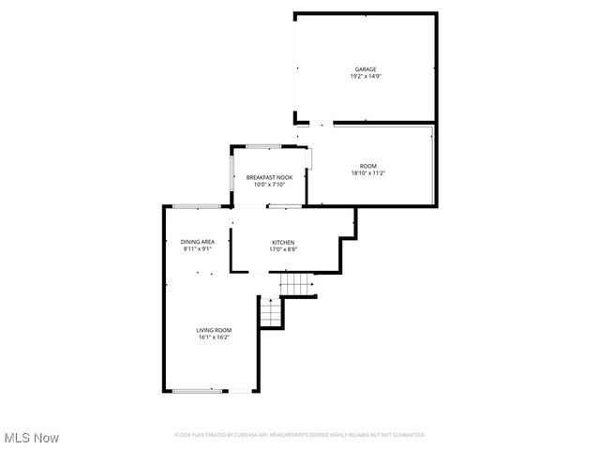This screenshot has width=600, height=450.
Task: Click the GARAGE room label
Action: point(366,68)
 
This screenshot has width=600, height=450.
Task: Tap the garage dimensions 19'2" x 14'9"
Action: point(366,76)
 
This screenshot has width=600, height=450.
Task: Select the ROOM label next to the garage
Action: point(368,166)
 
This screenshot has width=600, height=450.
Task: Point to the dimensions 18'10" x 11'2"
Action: point(368,173)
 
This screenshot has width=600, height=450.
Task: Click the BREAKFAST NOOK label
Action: point(269,177)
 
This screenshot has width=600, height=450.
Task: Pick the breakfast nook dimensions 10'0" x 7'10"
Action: point(269,185)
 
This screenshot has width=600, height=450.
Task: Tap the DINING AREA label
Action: point(198,242)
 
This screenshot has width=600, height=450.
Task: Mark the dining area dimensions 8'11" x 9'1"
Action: point(198,249)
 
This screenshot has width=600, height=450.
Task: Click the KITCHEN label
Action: point(283,242)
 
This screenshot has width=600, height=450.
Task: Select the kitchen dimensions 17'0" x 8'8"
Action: point(283,249)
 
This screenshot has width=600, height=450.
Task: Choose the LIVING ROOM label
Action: point(214,330)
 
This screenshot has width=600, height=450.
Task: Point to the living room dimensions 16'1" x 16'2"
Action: point(214,337)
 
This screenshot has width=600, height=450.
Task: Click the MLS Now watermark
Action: point(32,438)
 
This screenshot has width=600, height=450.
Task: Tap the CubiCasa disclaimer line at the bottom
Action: point(300,435)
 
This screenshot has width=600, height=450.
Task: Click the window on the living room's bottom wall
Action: point(198,391)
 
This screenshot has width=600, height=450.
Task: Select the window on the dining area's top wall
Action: point(197,206)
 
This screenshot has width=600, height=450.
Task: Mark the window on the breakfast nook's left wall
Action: point(232,173)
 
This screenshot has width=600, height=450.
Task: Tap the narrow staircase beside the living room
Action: point(270,312)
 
